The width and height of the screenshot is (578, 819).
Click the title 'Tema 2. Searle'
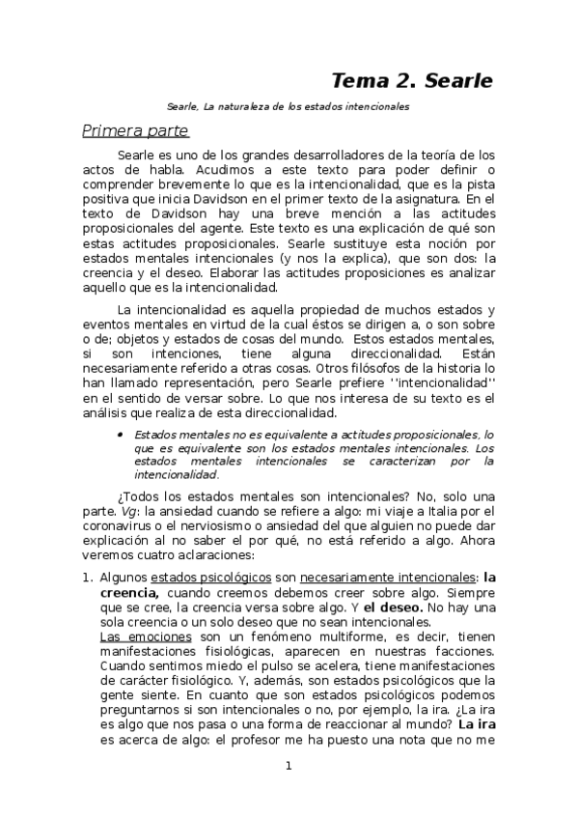pyautogui.click(x=412, y=80)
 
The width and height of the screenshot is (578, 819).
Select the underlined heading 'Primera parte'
pyautogui.click(x=135, y=130)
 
